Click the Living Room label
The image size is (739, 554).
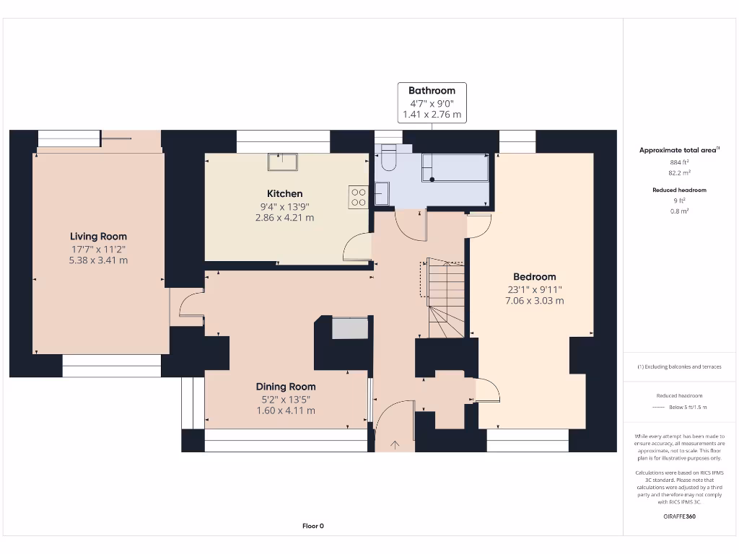pos(98,237)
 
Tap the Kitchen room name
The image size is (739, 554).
pos(284,193)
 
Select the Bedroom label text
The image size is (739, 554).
pos(534,277)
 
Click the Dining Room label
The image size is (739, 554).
pos(286,387)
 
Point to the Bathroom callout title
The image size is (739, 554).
pos(432,91)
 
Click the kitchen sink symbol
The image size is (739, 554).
pos(283,162)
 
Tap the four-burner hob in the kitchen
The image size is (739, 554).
pos(358,197)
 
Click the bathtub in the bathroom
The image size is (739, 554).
pos(455,167)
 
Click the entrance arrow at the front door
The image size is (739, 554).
pos(395,444)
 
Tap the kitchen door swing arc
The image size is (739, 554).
pos(357,248)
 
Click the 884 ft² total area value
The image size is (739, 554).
pos(678,162)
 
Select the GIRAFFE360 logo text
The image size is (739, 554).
pos(678,516)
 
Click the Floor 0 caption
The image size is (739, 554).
pos(312,526)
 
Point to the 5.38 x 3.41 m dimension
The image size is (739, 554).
pos(98,260)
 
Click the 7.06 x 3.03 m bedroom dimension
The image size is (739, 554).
pos(534,301)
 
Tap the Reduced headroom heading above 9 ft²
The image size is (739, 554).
pos(678,190)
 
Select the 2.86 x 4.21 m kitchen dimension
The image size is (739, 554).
pos(284,217)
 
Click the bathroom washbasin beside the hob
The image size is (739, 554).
pos(382,193)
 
